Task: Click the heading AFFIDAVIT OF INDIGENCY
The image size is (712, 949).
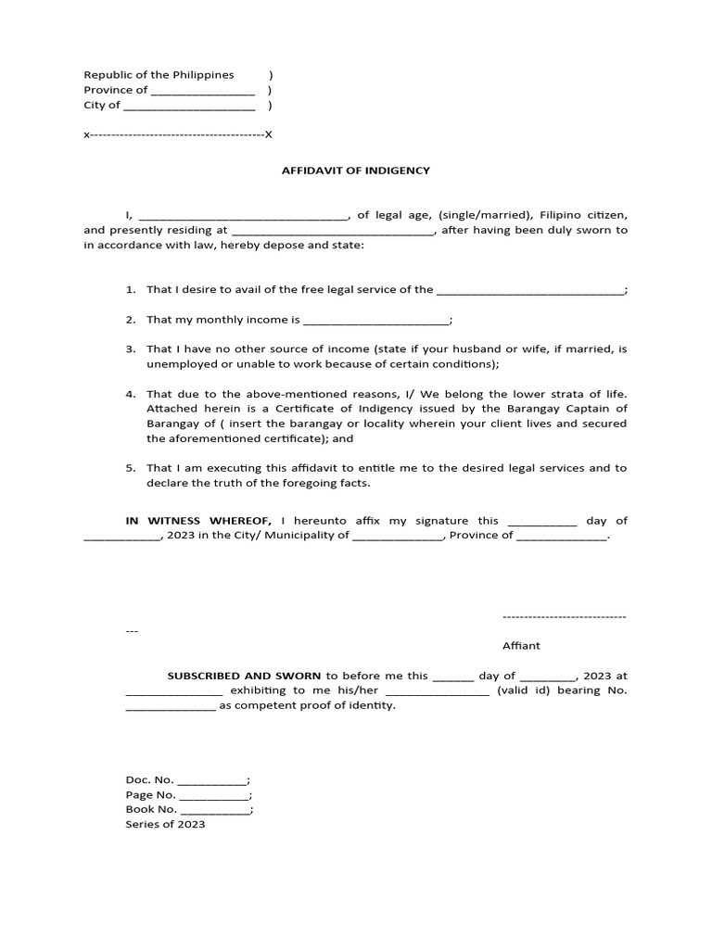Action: (x=356, y=171)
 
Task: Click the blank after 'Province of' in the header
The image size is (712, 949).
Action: (x=202, y=91)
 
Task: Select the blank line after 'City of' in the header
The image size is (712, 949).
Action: (x=189, y=106)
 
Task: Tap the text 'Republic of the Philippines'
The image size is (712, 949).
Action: (x=159, y=75)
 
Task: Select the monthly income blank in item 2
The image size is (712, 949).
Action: (x=375, y=321)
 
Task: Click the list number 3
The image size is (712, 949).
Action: (x=131, y=349)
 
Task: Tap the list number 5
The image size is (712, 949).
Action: (x=131, y=468)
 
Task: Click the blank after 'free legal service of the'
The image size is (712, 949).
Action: (x=530, y=290)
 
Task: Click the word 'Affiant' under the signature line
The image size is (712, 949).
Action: (x=521, y=646)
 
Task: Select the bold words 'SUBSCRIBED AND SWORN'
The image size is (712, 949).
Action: (x=245, y=677)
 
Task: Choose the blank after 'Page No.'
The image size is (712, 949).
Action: (x=214, y=795)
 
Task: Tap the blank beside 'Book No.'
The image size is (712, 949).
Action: (x=215, y=810)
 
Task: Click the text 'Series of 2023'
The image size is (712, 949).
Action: (x=165, y=824)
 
